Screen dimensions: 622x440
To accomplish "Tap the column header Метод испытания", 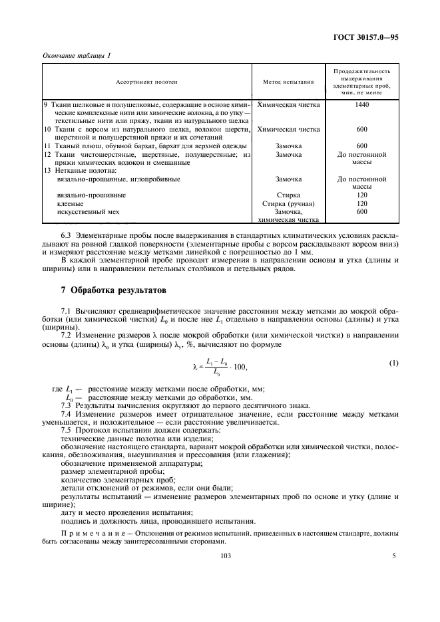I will (x=288, y=82).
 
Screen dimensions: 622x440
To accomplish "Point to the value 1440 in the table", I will (x=362, y=104).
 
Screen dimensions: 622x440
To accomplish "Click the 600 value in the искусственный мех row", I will (x=362, y=212).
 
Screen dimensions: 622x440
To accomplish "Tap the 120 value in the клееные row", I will (x=362, y=204).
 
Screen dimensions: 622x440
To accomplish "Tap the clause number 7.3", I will (x=67, y=405).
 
